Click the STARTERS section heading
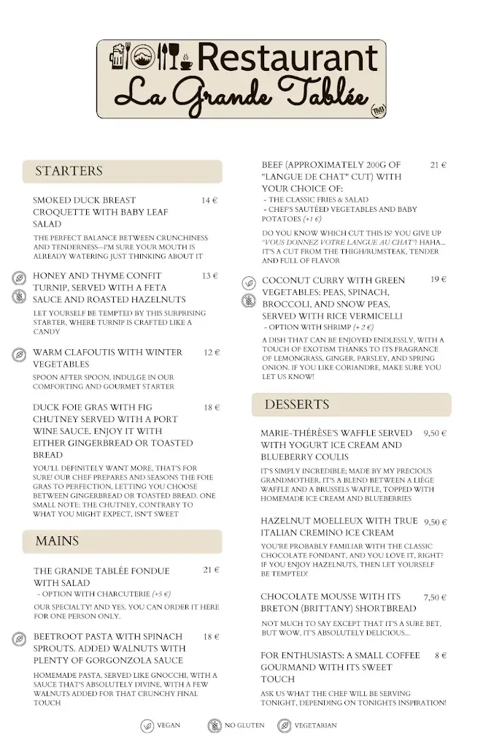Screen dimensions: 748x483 point(69,172)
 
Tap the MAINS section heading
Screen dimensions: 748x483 point(57,541)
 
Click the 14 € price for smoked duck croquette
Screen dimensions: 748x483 point(210,200)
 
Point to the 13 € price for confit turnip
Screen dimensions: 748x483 point(210,276)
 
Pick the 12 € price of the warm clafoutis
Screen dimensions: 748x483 point(212,352)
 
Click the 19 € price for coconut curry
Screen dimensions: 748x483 point(438,280)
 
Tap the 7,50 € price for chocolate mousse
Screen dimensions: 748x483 point(435,597)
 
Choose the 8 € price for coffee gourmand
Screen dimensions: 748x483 point(440,656)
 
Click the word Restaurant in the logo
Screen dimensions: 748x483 point(287,58)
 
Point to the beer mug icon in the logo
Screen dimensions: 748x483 point(117,57)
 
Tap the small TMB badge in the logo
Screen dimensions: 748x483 point(378,109)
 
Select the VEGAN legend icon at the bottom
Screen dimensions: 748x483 point(147,725)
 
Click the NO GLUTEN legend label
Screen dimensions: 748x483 point(244,725)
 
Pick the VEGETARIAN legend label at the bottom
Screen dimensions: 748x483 point(315,725)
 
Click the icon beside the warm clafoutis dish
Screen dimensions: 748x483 point(19,355)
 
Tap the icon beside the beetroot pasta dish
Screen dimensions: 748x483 point(19,639)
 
